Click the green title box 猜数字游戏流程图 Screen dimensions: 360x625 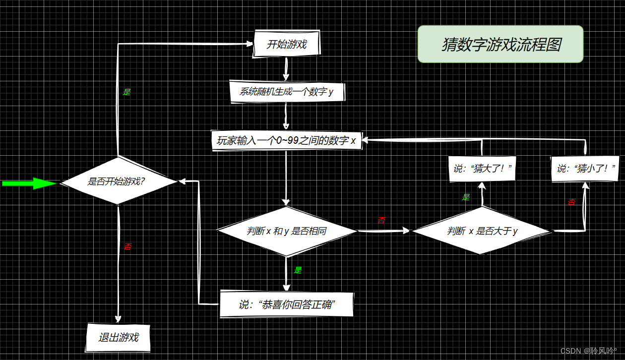pos(500,44)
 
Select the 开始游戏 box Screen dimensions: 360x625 pos(287,44)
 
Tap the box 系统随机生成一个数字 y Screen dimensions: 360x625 pos(286,92)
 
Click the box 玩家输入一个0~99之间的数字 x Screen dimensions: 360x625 pos(286,140)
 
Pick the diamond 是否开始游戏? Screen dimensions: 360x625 pos(118,181)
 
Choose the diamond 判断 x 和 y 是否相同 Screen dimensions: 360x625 pos(287,231)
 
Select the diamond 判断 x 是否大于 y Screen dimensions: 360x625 pos(482,231)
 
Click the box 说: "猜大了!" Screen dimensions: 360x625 pos(482,169)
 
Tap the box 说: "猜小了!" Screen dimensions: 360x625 pos(585,169)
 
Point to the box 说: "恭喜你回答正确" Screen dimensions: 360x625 pos(287,304)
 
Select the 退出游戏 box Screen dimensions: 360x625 pos(118,338)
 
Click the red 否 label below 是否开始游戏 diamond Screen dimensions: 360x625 pos(127,246)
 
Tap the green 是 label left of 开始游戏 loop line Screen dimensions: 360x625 pos(126,92)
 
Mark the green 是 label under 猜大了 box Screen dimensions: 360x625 pos(466,197)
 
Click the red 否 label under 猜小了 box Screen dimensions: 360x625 pos(572,202)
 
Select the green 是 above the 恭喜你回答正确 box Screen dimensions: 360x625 pos(298,270)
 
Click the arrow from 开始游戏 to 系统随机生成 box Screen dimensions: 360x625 pos(286,68)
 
